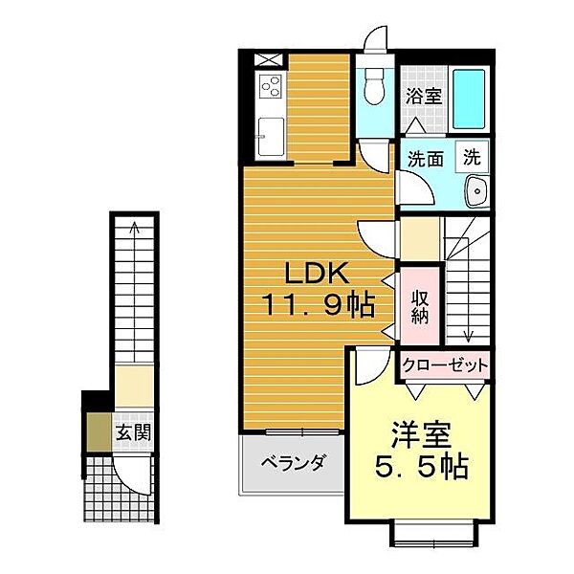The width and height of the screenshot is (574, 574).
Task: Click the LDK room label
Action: (317, 274)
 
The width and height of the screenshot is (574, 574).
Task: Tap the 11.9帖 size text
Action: (319, 305)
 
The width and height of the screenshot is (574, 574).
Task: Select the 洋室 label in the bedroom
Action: (421, 435)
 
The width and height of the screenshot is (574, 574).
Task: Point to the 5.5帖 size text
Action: (421, 467)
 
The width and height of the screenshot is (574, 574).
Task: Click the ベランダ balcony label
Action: (293, 462)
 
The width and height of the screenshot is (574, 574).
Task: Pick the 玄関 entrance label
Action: (133, 433)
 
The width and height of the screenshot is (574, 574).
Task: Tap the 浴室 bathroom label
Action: (424, 96)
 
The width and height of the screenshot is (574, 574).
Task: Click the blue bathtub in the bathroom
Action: (469, 99)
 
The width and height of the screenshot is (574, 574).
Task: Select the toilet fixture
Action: (374, 86)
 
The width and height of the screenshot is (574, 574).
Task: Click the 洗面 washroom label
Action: (426, 159)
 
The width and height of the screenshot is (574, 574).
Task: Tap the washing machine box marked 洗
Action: (472, 157)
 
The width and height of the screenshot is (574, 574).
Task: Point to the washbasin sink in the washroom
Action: (476, 191)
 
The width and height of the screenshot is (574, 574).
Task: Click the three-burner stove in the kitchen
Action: (271, 86)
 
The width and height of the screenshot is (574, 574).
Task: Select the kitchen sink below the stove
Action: (271, 136)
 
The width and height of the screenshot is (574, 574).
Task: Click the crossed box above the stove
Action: (269, 60)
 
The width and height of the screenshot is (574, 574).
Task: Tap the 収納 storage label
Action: (420, 307)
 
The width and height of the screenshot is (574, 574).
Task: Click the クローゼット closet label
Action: (445, 365)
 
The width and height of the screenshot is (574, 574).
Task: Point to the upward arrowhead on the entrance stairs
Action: (135, 226)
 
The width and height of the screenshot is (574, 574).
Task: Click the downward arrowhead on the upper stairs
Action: (469, 335)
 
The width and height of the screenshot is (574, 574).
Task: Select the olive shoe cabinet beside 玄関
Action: (99, 432)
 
